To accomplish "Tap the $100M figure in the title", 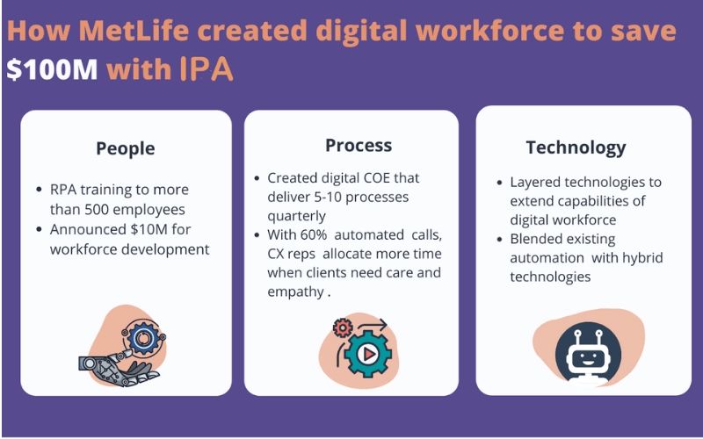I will point(52,70).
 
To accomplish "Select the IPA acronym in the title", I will point(207,70).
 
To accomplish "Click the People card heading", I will point(126,148).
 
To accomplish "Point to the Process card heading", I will point(359,145).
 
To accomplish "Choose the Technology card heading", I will point(576,148).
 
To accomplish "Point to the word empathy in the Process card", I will point(296,292).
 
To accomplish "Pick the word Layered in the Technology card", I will point(536,183).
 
